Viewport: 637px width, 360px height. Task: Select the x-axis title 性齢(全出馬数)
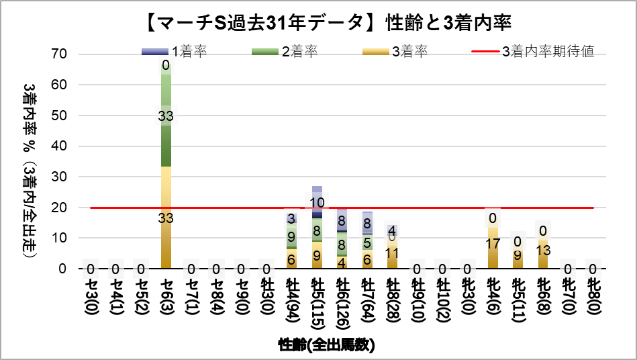(327, 345)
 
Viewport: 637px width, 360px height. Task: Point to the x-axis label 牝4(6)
(493, 300)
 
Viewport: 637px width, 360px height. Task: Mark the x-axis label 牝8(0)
(593, 300)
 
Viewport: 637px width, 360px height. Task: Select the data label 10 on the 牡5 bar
(317, 201)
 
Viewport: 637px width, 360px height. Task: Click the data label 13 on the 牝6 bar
(544, 250)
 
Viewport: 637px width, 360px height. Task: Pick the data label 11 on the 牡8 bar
(393, 253)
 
